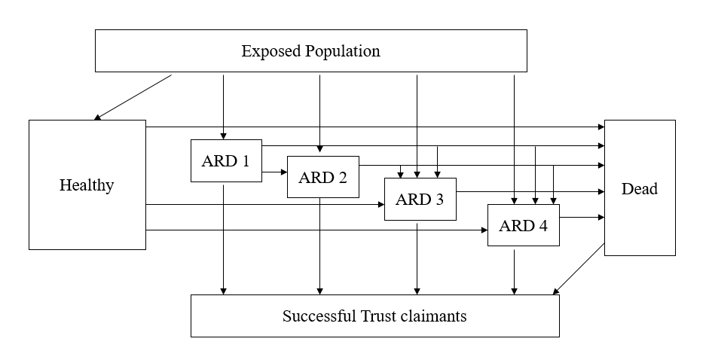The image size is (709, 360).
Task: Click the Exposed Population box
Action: (x=310, y=51)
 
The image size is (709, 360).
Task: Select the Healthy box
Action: (x=87, y=185)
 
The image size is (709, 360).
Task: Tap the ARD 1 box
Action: (x=226, y=160)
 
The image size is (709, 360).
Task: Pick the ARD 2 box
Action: (x=322, y=177)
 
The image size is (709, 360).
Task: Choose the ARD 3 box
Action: (x=420, y=199)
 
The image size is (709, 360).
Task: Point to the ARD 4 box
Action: (x=523, y=224)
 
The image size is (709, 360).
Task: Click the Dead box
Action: (x=639, y=188)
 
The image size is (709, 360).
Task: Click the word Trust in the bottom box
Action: (x=374, y=316)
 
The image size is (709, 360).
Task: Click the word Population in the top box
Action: (x=343, y=51)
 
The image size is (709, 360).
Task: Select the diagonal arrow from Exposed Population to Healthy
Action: (x=133, y=96)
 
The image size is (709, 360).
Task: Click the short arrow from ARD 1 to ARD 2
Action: (x=274, y=172)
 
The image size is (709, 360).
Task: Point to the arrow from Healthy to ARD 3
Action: (x=264, y=204)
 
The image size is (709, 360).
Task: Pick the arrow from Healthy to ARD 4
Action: (x=316, y=230)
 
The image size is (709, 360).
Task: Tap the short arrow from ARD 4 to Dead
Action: (x=582, y=218)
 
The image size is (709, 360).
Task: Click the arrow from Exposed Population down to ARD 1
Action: (x=223, y=105)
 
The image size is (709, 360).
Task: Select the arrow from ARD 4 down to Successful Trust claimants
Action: (x=515, y=270)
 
